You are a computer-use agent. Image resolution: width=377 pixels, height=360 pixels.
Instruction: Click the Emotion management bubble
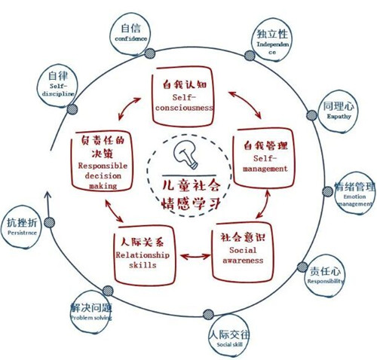354,193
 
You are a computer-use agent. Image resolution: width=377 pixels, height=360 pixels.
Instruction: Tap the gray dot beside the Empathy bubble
312,115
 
